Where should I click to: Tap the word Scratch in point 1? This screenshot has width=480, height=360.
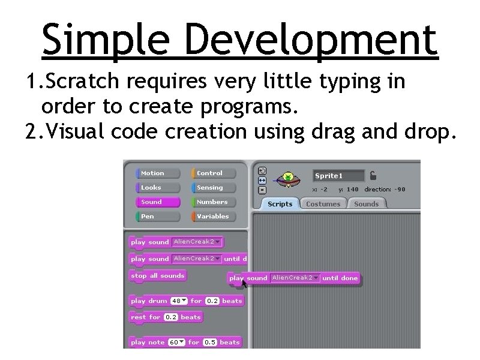[x=80, y=82]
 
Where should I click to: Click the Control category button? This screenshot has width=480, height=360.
[x=214, y=173]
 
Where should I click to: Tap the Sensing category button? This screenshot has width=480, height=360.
[x=214, y=188]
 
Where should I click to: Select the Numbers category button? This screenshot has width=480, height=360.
[x=214, y=202]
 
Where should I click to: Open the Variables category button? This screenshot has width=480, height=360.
[x=214, y=217]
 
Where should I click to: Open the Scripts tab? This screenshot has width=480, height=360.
[x=280, y=204]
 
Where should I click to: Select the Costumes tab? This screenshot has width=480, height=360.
[x=323, y=204]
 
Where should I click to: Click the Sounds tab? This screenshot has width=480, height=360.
[x=366, y=204]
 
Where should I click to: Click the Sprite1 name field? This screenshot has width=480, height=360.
[x=338, y=176]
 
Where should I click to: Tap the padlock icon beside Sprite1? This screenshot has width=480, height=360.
[x=373, y=176]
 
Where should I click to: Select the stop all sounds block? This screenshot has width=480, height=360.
[x=158, y=276]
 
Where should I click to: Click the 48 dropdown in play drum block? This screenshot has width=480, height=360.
[x=179, y=301]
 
